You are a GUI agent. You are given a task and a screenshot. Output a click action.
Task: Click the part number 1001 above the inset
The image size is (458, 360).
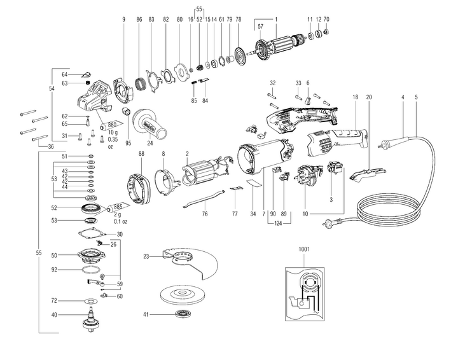pos(303,250)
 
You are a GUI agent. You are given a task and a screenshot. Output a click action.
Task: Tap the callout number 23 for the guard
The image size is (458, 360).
pos(146,256)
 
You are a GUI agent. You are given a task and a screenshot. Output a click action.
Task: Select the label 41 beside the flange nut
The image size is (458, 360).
pos(146,314)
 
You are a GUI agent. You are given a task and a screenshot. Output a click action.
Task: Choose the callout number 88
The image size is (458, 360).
pos(141,154)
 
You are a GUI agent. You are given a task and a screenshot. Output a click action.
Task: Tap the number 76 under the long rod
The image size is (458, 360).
pos(205,214)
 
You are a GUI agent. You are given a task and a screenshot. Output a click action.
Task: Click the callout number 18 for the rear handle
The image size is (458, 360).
pos(355,97)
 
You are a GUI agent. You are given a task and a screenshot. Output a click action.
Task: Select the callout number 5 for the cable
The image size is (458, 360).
pos(416,97)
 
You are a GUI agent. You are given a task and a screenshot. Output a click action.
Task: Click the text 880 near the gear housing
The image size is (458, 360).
pos(115,124)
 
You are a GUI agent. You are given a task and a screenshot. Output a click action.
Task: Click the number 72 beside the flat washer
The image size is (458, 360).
pos(54,300)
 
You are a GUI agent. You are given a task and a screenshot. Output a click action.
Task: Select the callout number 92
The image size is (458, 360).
pos(54,269)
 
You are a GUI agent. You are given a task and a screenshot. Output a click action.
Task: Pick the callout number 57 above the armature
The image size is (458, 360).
pos(260,27)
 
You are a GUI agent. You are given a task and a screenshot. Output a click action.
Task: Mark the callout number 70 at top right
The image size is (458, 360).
pos(326,20)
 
